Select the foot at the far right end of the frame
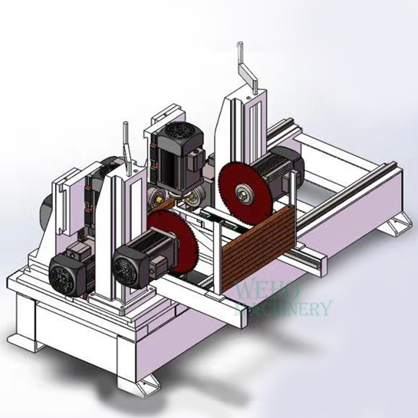(x=395, y=224)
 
